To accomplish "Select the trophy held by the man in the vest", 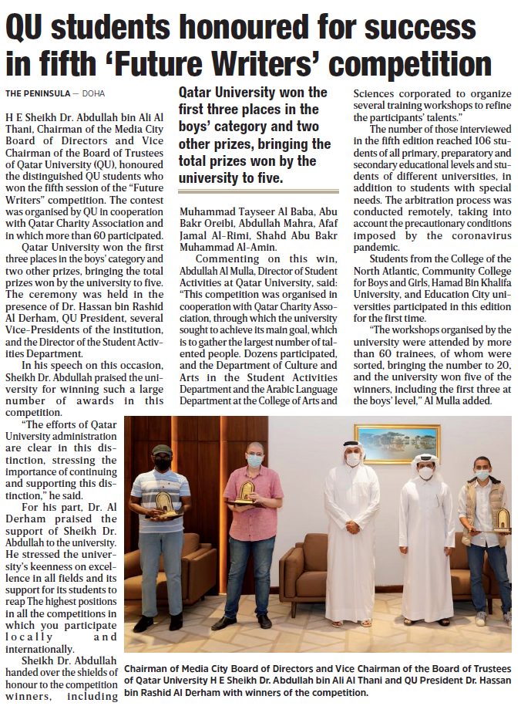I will [x=501, y=520].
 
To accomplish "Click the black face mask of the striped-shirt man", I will [x=163, y=464].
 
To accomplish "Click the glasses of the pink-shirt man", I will [x=254, y=452].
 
